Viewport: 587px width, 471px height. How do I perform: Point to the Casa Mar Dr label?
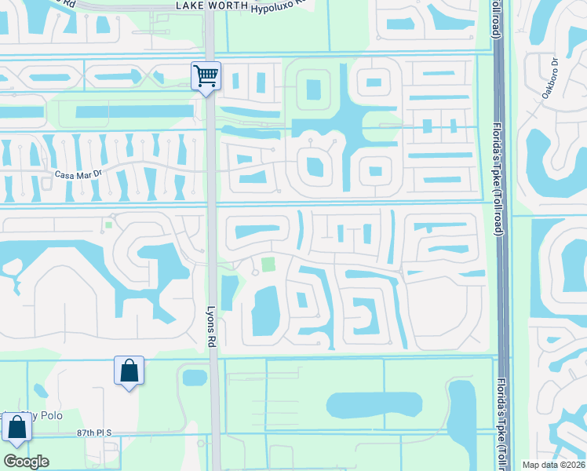tap(78, 175)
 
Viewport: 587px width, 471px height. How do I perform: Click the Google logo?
tap(26, 461)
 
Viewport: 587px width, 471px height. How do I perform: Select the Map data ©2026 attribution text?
tap(554, 465)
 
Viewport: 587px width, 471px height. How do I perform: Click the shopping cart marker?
tap(206, 77)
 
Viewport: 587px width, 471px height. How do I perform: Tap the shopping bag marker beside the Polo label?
tap(16, 429)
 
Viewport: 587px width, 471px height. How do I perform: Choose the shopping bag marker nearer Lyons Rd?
tap(129, 371)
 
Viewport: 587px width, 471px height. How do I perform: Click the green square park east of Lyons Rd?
tap(269, 265)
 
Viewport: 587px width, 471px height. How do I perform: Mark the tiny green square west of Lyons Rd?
tap(108, 225)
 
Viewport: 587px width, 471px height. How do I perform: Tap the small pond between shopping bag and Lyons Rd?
tap(194, 378)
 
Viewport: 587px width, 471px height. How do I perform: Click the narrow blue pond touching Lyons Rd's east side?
tap(228, 292)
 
